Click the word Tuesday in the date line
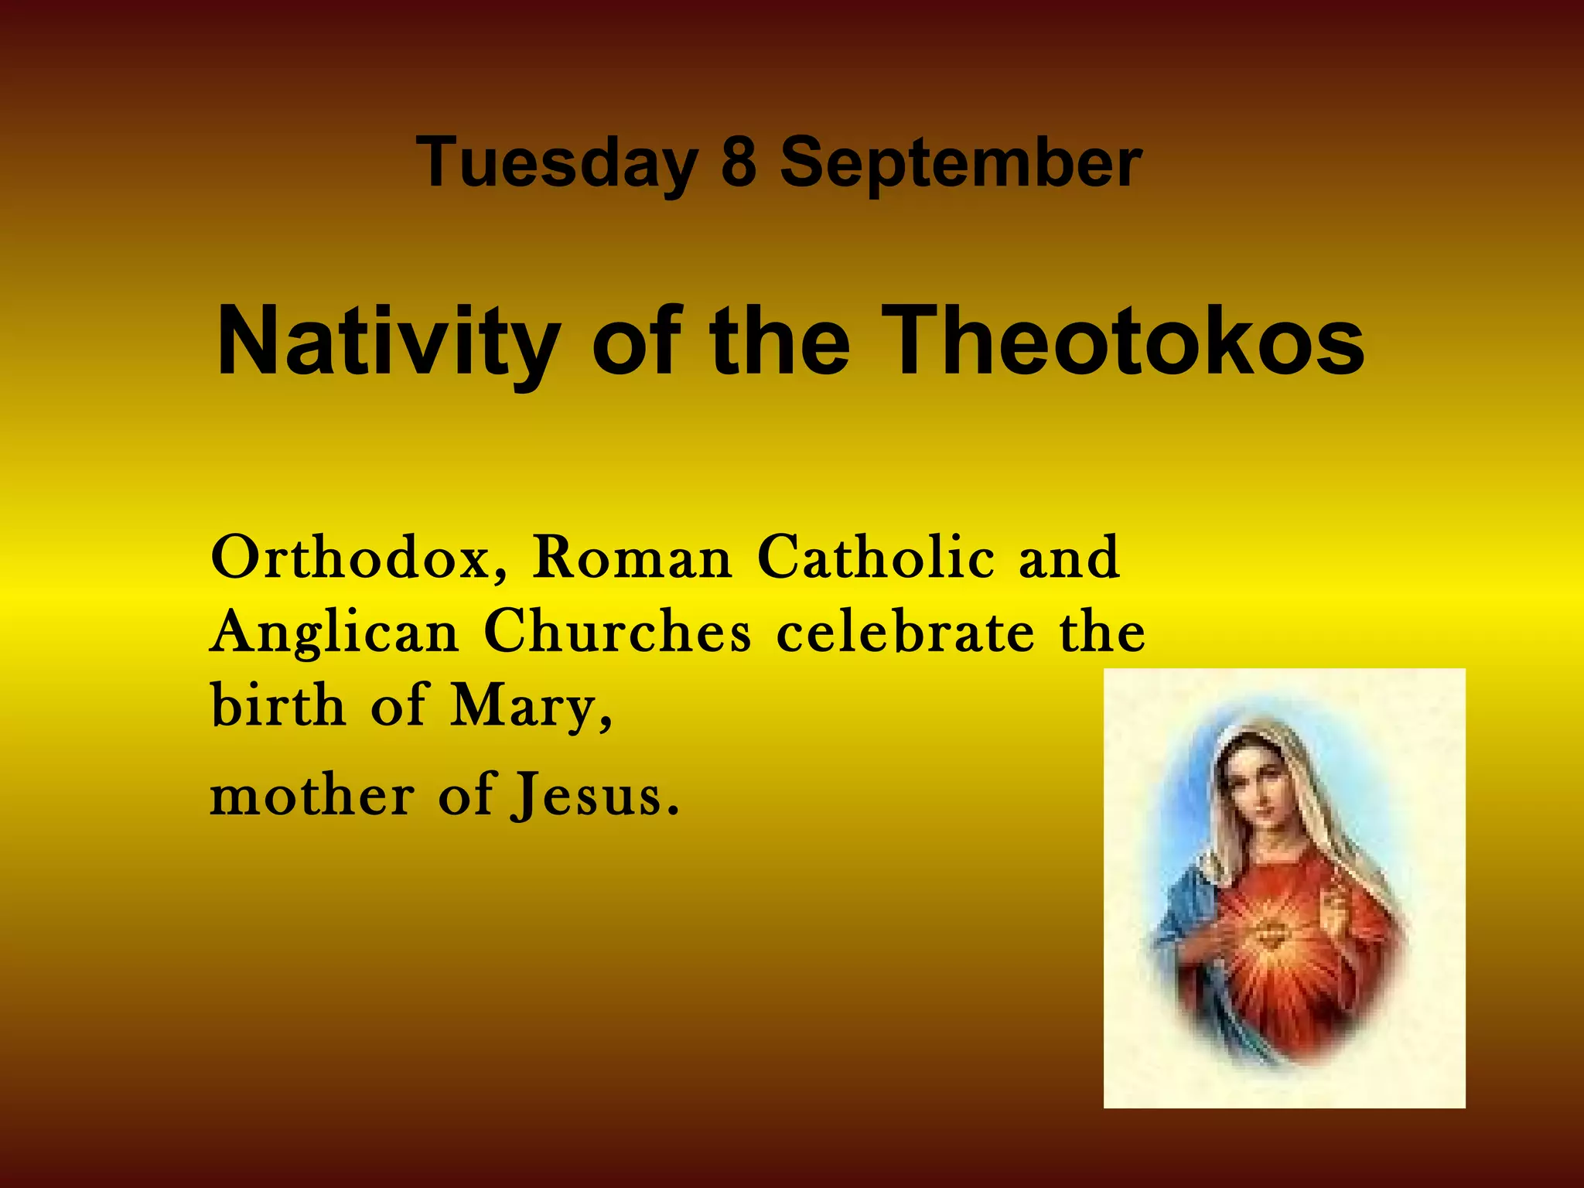[556, 163]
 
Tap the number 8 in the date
[738, 162]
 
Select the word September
[960, 163]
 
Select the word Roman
[631, 558]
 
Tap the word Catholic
[876, 558]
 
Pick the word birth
[278, 705]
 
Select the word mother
[312, 796]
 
